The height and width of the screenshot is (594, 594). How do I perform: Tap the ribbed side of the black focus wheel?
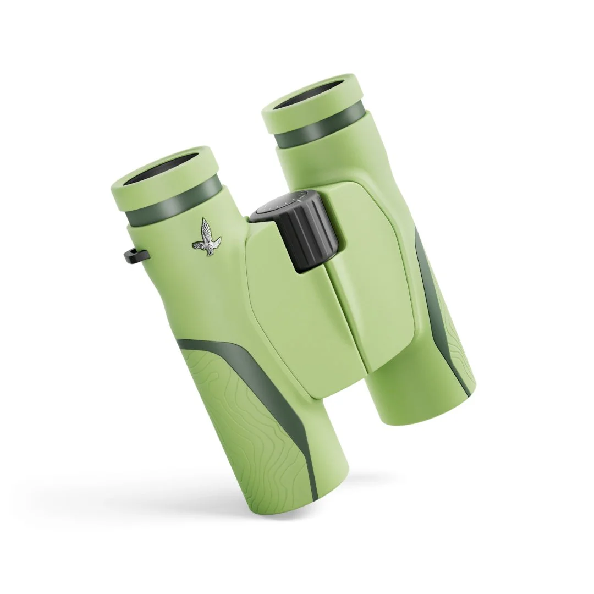point(311,235)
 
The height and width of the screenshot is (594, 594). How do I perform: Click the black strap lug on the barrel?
point(135,254)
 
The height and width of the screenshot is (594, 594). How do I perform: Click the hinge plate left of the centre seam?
point(291,319)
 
